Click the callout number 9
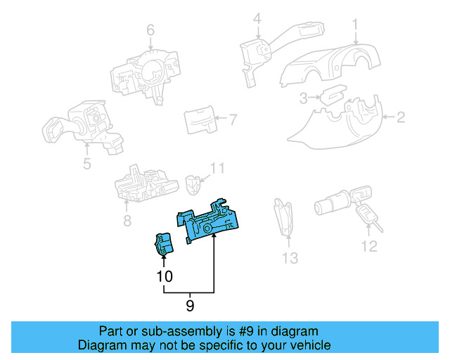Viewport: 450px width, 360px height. coord(190,306)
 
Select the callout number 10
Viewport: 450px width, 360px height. coord(165,277)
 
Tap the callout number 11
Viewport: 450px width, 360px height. coord(219,168)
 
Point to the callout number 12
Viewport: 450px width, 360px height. coord(369,246)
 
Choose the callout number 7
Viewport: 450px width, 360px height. coord(233,120)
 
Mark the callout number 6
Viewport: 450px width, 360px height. coord(150,30)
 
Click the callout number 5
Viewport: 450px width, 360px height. coord(86,165)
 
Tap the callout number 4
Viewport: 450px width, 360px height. coord(257,18)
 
